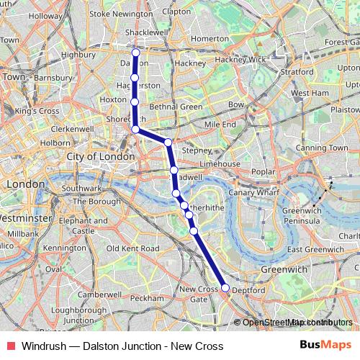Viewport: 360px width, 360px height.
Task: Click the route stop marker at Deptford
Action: coord(225,288)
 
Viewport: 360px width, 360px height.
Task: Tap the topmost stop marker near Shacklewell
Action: coord(135,53)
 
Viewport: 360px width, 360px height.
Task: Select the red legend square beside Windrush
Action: coord(9,346)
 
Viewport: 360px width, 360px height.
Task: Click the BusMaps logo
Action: coord(320,346)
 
